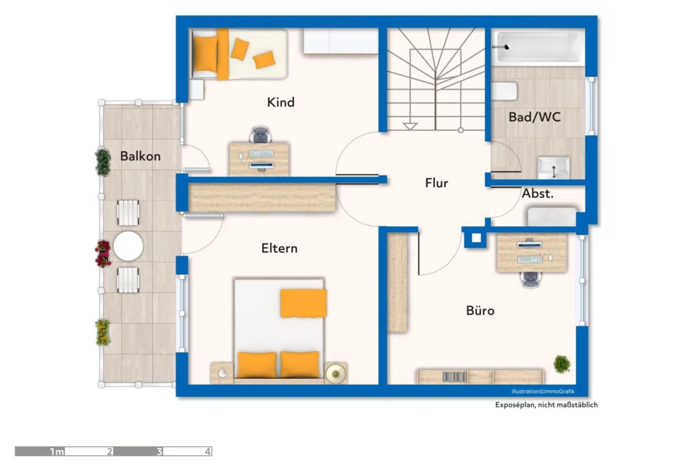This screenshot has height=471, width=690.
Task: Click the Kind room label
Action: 281,102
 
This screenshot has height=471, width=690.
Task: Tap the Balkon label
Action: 140,156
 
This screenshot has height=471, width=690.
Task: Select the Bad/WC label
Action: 534,117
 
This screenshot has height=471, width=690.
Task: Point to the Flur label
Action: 436,183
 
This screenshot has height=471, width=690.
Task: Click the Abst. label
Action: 538,193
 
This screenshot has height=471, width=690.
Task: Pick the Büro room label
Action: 480,310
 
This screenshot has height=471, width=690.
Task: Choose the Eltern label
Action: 279,248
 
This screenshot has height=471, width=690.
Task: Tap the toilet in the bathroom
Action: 504,91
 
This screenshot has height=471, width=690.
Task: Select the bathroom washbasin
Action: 554,167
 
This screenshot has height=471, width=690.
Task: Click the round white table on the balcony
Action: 128,246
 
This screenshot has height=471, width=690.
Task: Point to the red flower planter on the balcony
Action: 103,254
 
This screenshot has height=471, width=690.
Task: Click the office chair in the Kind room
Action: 260,135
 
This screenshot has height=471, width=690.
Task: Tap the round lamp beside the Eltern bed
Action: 336,374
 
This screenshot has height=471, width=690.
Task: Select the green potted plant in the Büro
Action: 562,365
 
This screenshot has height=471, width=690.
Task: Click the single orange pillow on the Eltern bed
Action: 304,303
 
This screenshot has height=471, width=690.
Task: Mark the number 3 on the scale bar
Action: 159,451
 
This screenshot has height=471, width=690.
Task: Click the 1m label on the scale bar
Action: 57,451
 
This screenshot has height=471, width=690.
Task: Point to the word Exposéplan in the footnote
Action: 515,405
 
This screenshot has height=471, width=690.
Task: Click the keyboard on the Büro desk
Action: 530,259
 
